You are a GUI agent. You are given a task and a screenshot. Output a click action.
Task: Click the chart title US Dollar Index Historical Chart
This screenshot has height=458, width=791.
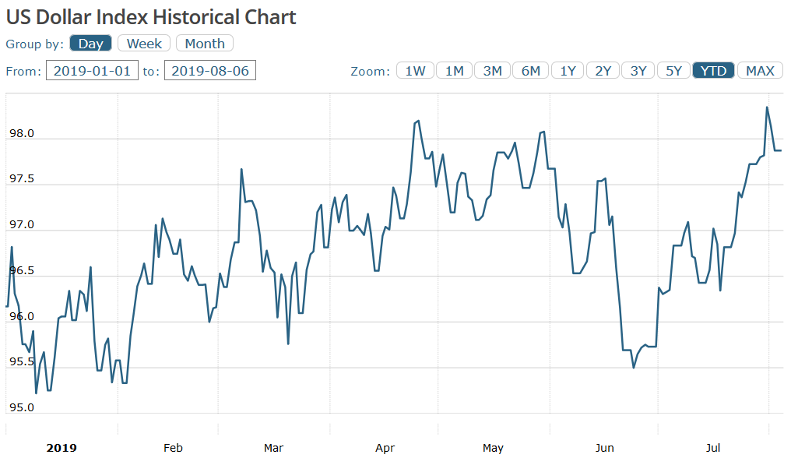(151, 17)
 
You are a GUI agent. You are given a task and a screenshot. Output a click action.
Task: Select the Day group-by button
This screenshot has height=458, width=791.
(91, 44)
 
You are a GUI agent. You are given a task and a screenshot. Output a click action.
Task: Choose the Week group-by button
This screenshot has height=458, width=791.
(144, 44)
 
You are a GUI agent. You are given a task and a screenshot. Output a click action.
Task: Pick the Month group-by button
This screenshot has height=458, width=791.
(205, 44)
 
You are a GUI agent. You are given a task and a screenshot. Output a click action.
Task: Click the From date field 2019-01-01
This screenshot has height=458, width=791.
(93, 71)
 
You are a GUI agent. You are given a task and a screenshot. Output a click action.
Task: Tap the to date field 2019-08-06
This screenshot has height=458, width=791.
(210, 71)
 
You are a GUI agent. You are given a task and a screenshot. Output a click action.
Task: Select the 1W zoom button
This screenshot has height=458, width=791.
(415, 71)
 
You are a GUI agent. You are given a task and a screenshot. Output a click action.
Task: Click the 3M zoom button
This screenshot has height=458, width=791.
(492, 71)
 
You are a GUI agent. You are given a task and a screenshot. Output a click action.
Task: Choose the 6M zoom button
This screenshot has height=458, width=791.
(530, 71)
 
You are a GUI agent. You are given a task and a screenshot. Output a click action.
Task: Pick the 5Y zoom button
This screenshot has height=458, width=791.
(673, 71)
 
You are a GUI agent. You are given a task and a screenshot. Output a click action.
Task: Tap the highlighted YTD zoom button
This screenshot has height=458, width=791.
(713, 71)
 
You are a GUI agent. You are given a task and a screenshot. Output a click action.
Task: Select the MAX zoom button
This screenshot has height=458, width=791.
(760, 71)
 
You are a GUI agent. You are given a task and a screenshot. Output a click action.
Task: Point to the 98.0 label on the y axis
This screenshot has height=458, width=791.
(21, 134)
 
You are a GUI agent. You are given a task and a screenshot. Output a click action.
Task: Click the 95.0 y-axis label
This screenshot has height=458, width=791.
(21, 408)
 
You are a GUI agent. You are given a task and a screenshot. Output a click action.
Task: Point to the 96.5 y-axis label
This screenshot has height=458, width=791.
(21, 271)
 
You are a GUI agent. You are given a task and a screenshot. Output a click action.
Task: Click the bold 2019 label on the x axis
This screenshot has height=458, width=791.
(62, 448)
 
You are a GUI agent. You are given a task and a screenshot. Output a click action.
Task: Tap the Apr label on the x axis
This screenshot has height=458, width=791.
(385, 448)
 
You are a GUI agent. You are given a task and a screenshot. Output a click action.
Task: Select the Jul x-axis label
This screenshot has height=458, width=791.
(713, 448)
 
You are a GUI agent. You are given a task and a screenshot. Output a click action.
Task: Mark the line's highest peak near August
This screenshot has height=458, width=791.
(767, 107)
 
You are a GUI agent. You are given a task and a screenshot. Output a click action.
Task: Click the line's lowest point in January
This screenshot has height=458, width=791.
(36, 393)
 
